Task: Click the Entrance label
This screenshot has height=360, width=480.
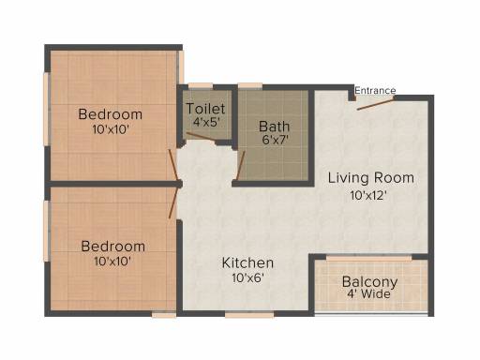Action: [375, 91]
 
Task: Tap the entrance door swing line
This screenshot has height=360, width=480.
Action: [375, 104]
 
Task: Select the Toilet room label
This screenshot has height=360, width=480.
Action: [205, 109]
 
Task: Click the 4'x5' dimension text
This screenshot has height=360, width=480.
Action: [206, 122]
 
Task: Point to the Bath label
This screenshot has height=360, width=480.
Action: [274, 127]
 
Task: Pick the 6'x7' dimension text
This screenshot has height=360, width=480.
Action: [275, 140]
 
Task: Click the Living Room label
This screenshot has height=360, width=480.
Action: [371, 178]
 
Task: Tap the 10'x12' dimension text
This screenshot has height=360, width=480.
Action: [368, 196]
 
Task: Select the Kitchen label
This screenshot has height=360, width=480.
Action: [247, 262]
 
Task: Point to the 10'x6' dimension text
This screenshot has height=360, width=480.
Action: [248, 277]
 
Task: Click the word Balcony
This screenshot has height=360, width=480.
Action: [370, 282]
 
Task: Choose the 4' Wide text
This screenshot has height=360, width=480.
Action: [368, 293]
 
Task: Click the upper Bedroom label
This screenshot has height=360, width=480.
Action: [111, 114]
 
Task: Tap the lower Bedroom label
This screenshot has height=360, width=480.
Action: [113, 247]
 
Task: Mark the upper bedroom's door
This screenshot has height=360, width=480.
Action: [173, 165]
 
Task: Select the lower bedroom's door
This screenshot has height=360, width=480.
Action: [173, 202]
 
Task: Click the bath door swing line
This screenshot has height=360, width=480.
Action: [240, 166]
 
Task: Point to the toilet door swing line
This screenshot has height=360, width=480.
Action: [200, 136]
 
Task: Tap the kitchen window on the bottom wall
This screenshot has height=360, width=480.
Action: [249, 315]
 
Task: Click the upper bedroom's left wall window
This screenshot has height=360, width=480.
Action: [47, 109]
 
